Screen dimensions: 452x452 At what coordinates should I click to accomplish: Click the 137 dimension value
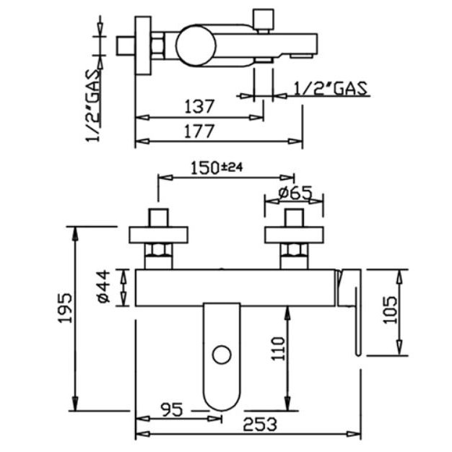pos(199,106)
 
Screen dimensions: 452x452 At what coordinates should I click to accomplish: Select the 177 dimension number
pos(199,131)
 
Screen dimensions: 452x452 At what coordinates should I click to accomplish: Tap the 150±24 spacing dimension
pos(217,168)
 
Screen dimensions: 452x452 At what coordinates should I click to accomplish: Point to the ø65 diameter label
pos(295,193)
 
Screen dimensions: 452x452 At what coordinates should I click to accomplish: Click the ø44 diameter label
pos(104,286)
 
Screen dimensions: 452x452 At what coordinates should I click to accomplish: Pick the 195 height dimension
pos(65,308)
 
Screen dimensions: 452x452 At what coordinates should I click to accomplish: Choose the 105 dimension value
pos(390,310)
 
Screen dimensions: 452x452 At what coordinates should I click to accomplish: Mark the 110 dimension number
pos(278,349)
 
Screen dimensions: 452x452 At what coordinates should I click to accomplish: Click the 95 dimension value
pos(172,409)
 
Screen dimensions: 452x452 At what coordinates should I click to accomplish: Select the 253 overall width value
pos(260,425)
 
